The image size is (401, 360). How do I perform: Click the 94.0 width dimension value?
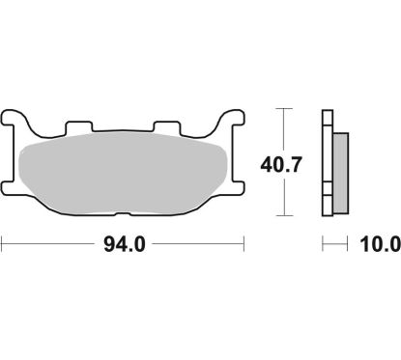[124, 245]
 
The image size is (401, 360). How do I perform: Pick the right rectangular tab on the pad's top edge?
[168, 128]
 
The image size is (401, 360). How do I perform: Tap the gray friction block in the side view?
[341, 164]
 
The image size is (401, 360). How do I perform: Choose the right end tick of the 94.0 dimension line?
[243, 245]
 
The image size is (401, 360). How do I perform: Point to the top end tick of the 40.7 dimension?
[283, 108]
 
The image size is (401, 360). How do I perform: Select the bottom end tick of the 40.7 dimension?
[283, 214]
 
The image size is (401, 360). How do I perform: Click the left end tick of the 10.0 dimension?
[323, 245]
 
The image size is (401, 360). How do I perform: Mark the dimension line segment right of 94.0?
[198, 245]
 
